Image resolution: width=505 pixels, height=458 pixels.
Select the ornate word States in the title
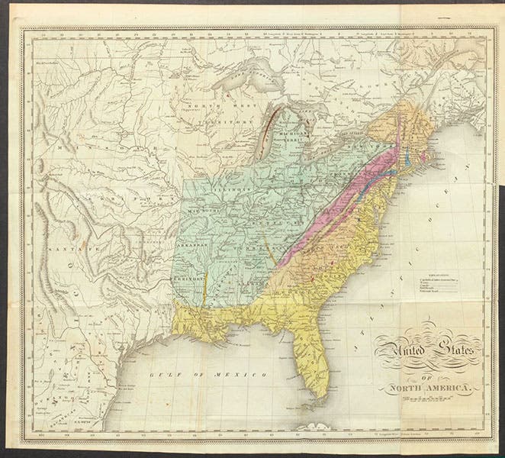click(x=453, y=354)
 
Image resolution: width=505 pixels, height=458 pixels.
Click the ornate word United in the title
click(x=402, y=353)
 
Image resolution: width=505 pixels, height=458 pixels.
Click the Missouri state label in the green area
click(x=200, y=211)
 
